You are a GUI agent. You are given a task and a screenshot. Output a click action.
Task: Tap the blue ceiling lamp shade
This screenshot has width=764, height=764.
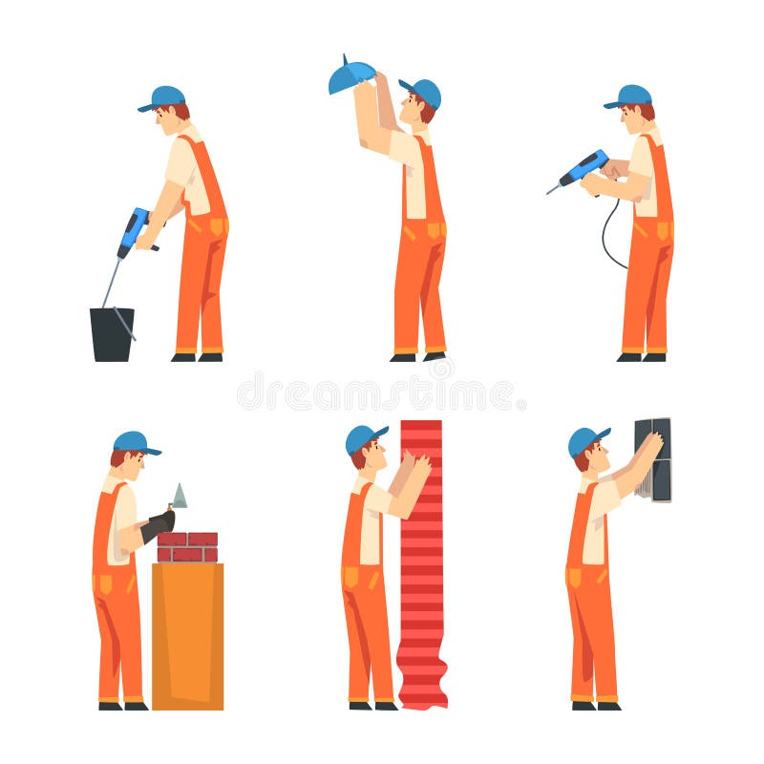[350, 75]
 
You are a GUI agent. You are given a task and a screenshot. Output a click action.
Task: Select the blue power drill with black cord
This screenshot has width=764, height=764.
[582, 171]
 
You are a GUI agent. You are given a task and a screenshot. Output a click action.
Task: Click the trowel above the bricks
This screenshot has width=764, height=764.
[180, 497]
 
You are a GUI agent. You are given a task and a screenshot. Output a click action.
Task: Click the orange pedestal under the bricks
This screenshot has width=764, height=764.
[187, 635]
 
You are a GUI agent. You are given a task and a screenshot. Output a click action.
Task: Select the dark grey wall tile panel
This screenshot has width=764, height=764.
[653, 459]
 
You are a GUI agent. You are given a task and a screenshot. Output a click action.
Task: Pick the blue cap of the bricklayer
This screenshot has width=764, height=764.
[135, 442]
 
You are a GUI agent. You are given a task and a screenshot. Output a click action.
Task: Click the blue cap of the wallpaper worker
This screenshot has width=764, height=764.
[364, 437]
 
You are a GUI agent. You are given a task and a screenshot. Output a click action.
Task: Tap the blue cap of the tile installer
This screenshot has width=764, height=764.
[586, 440]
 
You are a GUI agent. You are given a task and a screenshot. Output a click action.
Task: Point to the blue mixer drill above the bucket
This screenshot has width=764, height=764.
[134, 230]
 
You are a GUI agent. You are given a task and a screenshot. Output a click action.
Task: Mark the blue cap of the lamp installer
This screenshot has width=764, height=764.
[423, 91]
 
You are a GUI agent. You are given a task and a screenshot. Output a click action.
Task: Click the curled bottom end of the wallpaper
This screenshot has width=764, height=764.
[422, 692]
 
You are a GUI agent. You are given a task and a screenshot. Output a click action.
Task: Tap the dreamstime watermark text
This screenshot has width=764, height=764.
[382, 393]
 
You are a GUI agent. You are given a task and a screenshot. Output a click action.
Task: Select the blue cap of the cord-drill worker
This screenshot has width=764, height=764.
[629, 95]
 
